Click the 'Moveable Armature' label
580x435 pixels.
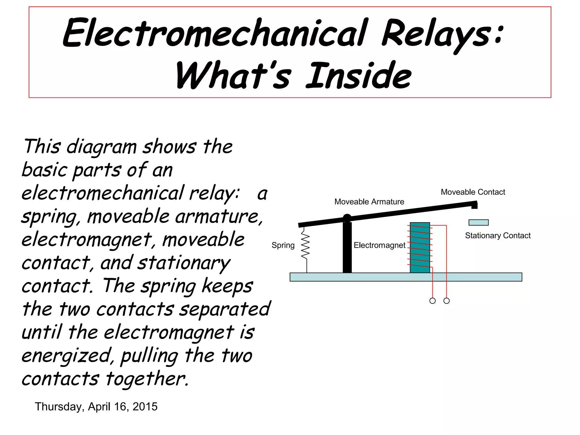pos(369,202)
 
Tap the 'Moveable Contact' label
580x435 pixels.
pos(473,192)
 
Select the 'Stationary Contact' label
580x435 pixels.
pos(498,235)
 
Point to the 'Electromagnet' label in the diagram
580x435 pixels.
pos(379,245)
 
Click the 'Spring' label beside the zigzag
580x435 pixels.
pos(283,245)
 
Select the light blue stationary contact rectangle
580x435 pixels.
pos(478,223)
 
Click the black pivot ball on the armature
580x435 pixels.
pos(347,218)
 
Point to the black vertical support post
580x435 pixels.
pos(347,249)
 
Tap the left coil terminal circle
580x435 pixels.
pos(432,301)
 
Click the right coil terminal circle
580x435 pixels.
pos(447,301)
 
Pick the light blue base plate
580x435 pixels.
pos(406,277)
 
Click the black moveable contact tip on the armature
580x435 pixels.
pos(475,205)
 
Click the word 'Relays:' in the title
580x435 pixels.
pos(442,34)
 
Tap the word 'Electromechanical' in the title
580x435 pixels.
pos(215,33)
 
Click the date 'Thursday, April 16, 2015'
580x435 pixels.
pos(96,407)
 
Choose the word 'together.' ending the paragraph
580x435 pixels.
pos(147,379)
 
